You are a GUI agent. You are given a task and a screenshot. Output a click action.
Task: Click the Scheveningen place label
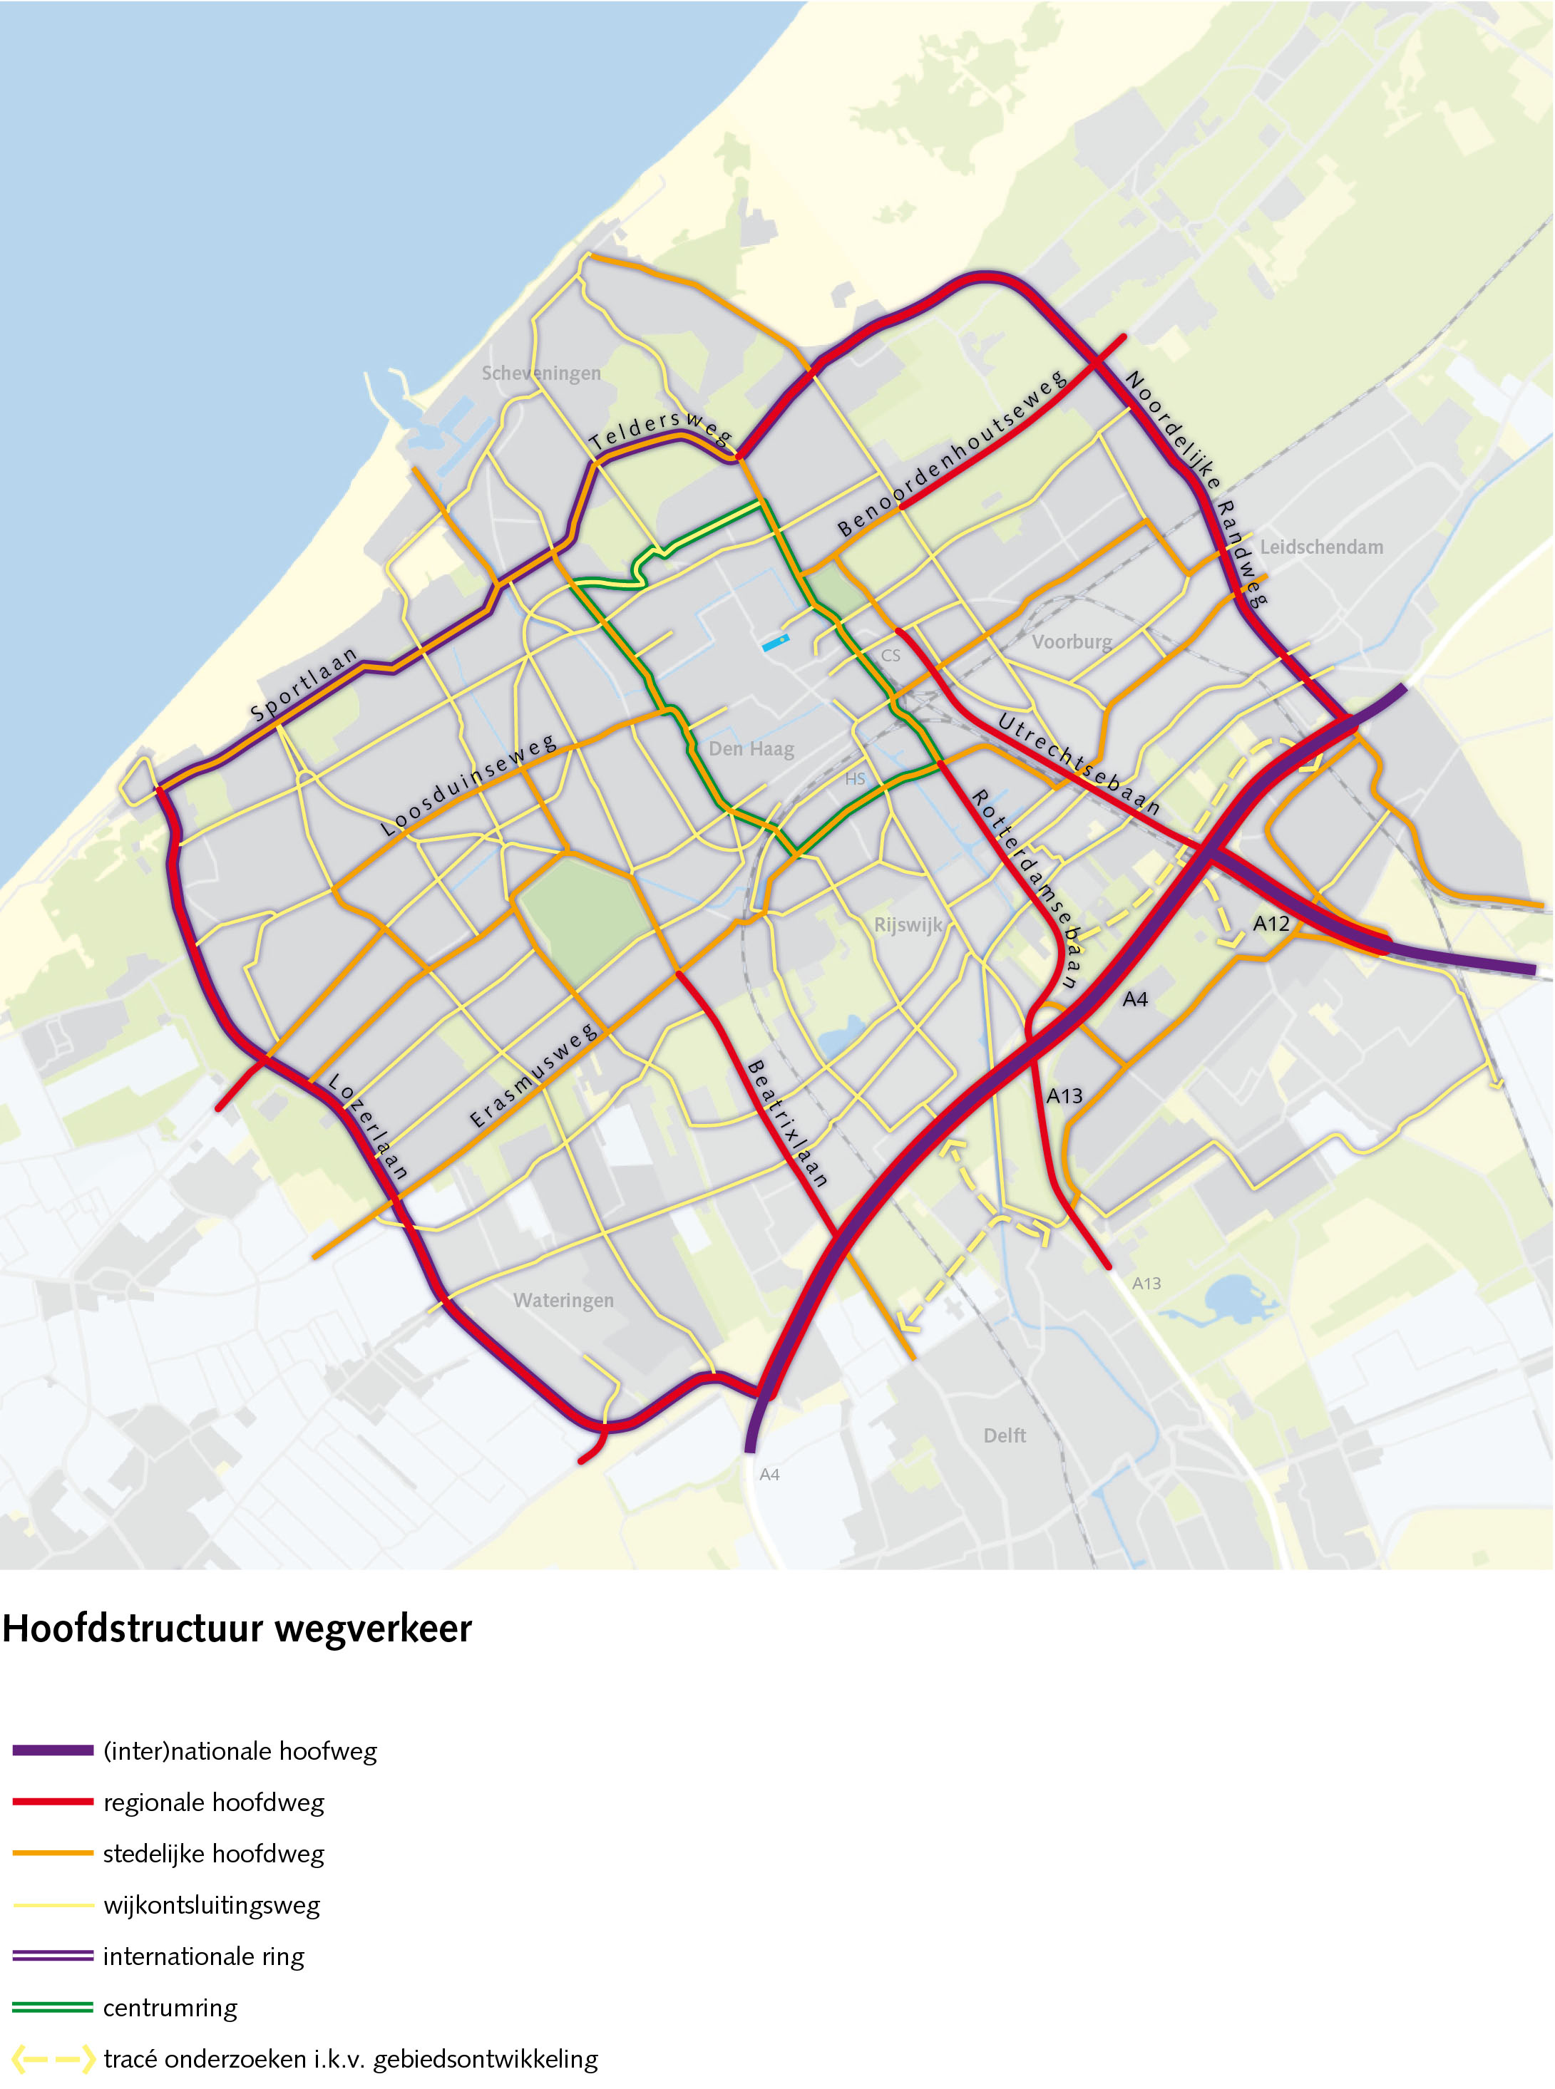pyautogui.click(x=540, y=373)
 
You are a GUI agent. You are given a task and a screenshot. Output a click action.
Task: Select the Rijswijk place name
pyautogui.click(x=908, y=924)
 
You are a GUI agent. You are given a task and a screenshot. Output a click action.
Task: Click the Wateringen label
pyautogui.click(x=563, y=1301)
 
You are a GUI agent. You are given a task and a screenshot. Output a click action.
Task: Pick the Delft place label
pyautogui.click(x=1005, y=1435)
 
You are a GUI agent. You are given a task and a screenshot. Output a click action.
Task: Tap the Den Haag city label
pyautogui.click(x=751, y=749)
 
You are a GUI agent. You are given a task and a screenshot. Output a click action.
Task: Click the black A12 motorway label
pyautogui.click(x=1271, y=924)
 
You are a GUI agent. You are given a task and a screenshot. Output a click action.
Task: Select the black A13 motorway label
pyautogui.click(x=1064, y=1095)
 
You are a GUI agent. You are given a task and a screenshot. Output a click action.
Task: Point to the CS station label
pyautogui.click(x=891, y=656)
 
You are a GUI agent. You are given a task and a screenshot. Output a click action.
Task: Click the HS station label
pyautogui.click(x=855, y=779)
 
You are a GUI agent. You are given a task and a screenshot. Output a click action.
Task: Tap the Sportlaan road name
pyautogui.click(x=304, y=684)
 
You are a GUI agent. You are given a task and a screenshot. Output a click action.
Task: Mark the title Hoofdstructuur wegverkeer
pyautogui.click(x=237, y=1629)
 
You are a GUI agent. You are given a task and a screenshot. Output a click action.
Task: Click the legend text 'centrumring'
pyautogui.click(x=170, y=2007)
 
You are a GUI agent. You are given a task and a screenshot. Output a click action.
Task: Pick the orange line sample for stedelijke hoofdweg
pyautogui.click(x=53, y=1853)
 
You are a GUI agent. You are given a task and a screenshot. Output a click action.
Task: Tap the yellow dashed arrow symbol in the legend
pyautogui.click(x=53, y=2059)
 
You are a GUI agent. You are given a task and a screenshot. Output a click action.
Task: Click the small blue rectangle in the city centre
pyautogui.click(x=775, y=644)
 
